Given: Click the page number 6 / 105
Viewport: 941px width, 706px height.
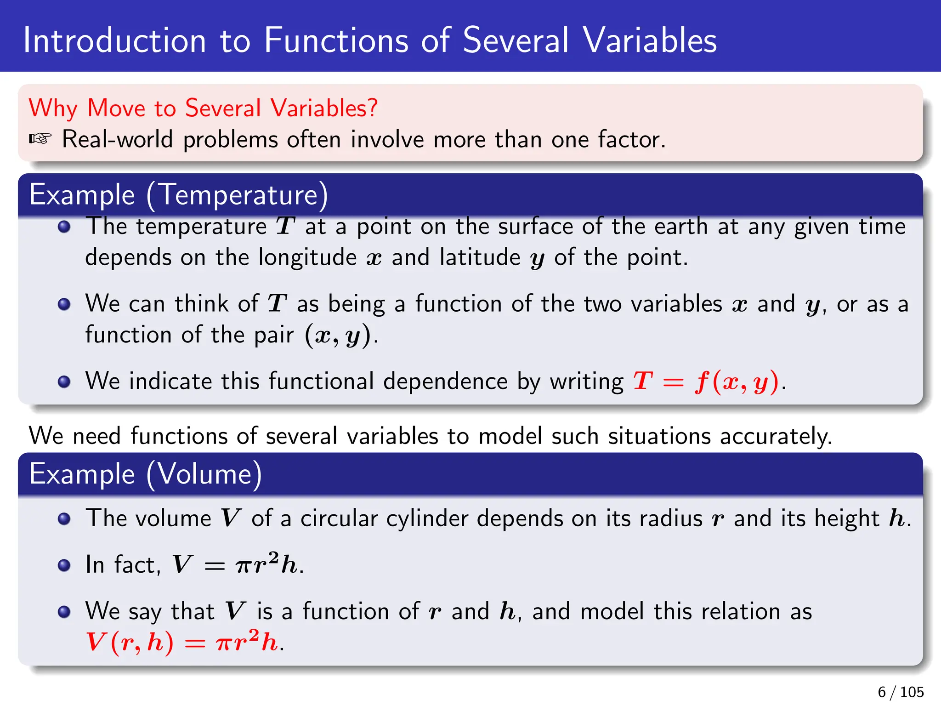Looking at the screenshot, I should click(900, 692).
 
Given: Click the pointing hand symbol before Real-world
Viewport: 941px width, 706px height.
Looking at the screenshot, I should click(40, 139).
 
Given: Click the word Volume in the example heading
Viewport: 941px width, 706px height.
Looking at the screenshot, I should click(204, 474).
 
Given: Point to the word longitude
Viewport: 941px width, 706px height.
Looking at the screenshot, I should click(307, 257).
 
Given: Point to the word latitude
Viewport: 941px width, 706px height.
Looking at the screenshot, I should click(479, 257).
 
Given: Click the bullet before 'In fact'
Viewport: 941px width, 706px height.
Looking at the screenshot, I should click(64, 565).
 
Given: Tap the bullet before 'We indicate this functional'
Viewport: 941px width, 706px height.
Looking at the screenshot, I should click(64, 381).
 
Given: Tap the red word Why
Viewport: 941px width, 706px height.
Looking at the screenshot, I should click(53, 108).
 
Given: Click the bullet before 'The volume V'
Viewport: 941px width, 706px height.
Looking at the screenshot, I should click(64, 519).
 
